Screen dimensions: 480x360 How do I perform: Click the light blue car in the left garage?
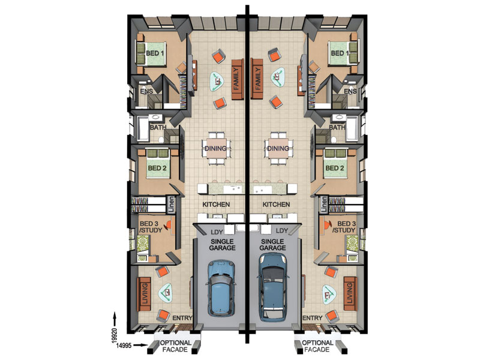pyautogui.click(x=221, y=288)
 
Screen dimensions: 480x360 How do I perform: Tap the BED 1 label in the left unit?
pyautogui.click(x=155, y=53)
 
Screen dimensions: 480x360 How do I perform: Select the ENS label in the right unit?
pyautogui.click(x=350, y=91)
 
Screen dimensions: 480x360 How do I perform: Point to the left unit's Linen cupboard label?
pyautogui.click(x=171, y=205)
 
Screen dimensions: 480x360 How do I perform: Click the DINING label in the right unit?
pyautogui.click(x=278, y=148)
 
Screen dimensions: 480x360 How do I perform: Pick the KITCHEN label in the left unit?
pyautogui.click(x=216, y=204)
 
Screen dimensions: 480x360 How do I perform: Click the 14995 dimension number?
pyautogui.click(x=124, y=346)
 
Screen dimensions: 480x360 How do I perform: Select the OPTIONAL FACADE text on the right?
pyautogui.click(x=317, y=346)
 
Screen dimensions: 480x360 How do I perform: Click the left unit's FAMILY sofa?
pyautogui.click(x=238, y=79)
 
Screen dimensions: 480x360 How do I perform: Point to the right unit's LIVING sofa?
pyautogui.click(x=350, y=294)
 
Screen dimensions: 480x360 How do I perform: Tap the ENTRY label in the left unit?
pyautogui.click(x=182, y=318)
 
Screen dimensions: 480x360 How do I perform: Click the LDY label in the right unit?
pyautogui.click(x=282, y=230)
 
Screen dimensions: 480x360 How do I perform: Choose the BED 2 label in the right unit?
pyautogui.click(x=335, y=168)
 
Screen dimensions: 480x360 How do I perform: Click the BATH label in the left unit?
pyautogui.click(x=158, y=127)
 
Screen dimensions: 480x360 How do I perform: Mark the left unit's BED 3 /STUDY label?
pyautogui.click(x=151, y=227)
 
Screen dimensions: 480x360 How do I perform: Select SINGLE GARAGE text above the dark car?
pyautogui.click(x=272, y=245)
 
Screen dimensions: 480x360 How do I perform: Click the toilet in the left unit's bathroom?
pyautogui.click(x=161, y=140)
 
